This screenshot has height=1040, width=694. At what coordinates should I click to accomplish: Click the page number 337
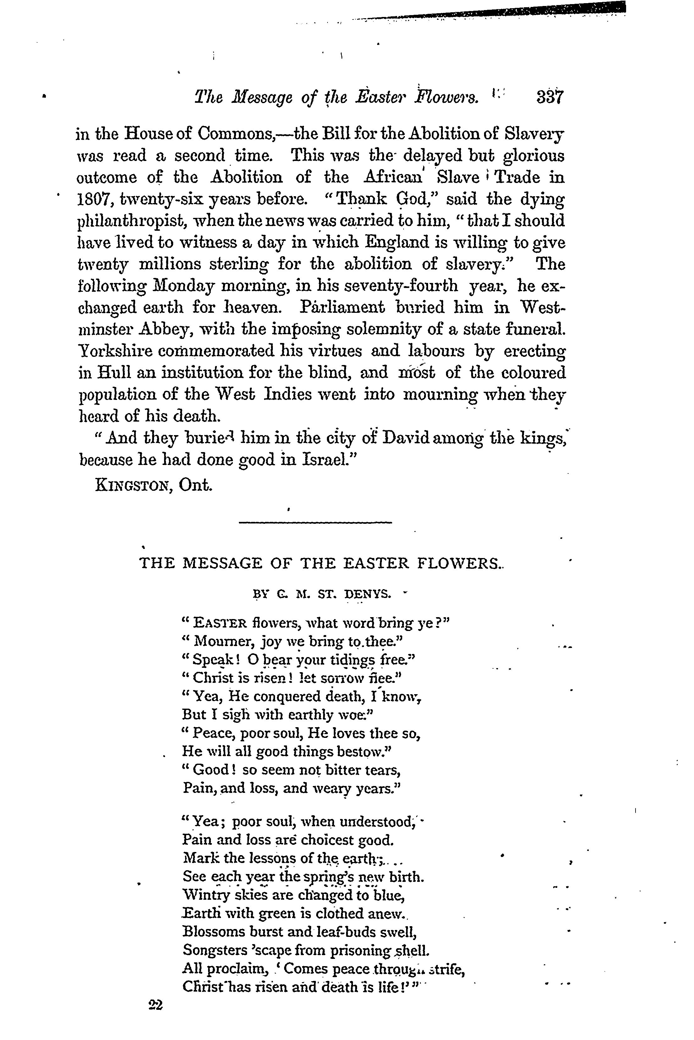(549, 97)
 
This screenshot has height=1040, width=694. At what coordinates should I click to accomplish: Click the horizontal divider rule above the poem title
(315, 523)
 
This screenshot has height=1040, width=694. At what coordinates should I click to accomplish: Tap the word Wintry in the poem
(203, 895)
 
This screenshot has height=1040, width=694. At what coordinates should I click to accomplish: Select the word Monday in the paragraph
(183, 286)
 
